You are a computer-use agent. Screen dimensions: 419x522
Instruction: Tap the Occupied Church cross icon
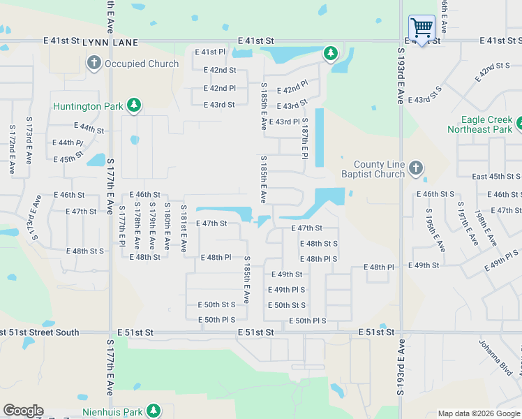(x=94, y=64)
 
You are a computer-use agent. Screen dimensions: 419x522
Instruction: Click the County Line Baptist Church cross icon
(x=416, y=168)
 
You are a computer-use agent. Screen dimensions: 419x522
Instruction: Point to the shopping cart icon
(x=422, y=28)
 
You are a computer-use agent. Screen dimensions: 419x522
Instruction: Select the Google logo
(x=23, y=411)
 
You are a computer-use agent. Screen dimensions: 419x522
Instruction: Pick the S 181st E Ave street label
(x=184, y=228)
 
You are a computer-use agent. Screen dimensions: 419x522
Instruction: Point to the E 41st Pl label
(x=210, y=52)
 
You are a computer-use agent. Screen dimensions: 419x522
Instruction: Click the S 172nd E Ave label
(x=12, y=149)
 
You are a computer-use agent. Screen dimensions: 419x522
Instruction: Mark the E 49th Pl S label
(x=286, y=290)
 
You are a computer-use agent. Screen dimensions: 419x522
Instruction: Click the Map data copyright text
(x=479, y=413)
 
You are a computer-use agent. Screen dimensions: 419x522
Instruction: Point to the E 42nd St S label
(x=493, y=72)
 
